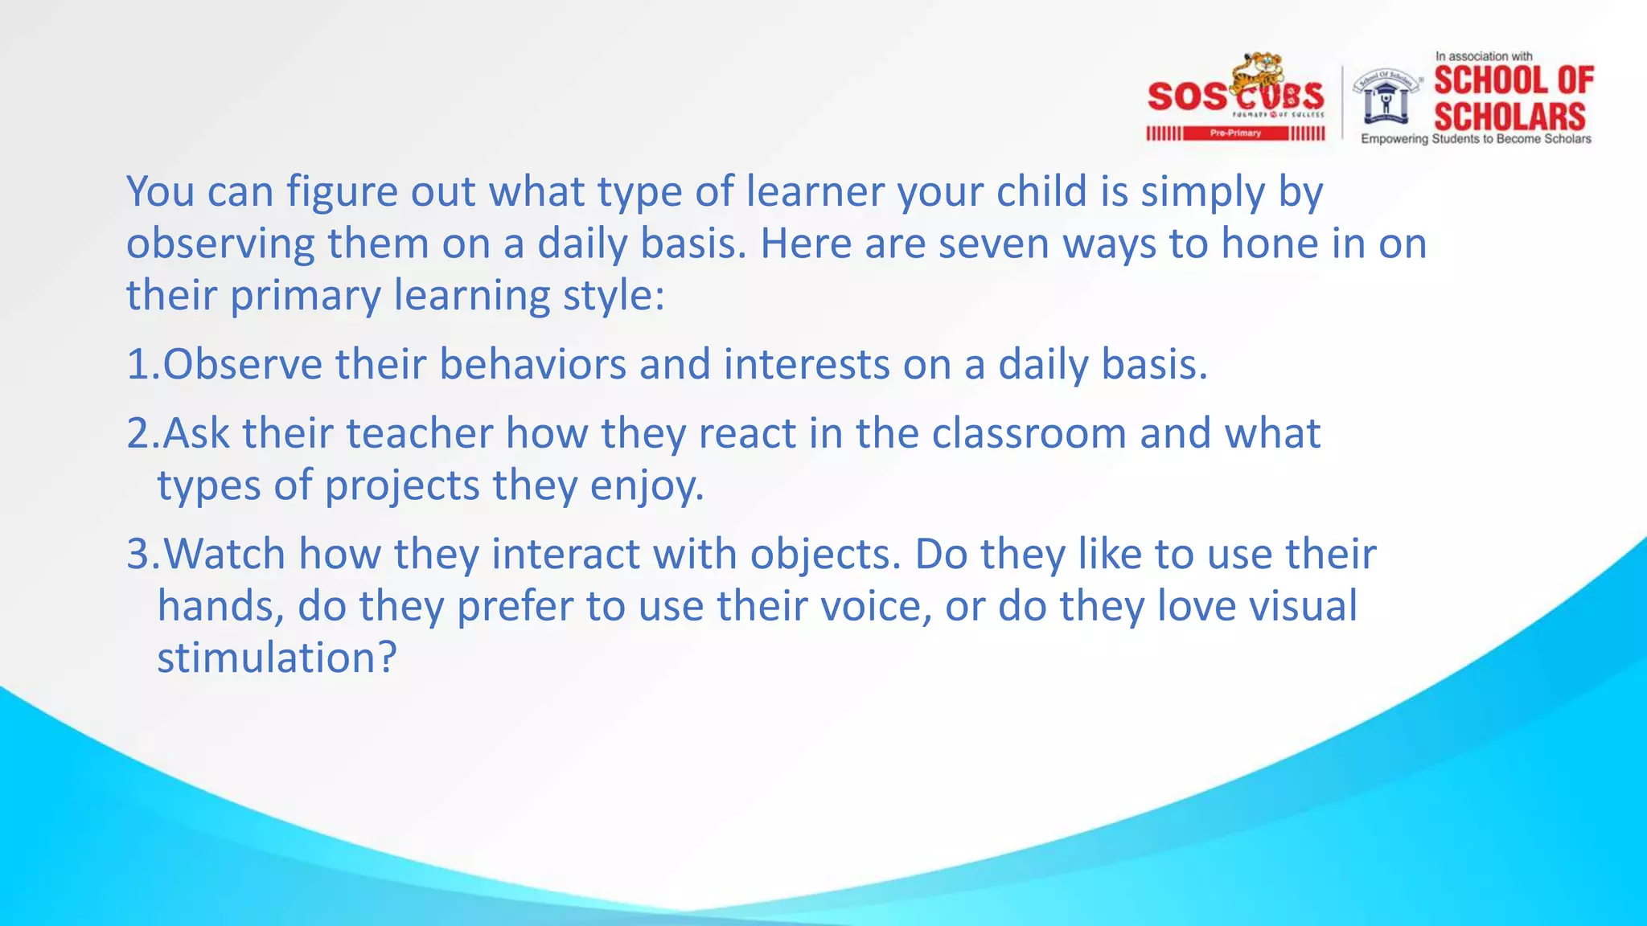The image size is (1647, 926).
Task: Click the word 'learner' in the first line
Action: coord(814,192)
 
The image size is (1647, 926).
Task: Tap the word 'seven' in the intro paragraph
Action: coord(994,244)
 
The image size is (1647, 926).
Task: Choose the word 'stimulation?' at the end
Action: coord(277,658)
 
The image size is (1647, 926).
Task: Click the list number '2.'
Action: coord(143,434)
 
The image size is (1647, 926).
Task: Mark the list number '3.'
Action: coord(143,555)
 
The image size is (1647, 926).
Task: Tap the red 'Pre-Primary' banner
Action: coord(1235,133)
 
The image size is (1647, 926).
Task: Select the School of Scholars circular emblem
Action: coord(1386,97)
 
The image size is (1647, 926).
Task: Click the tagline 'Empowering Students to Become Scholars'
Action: coord(1476,139)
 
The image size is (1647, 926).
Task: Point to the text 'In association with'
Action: coord(1484,56)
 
